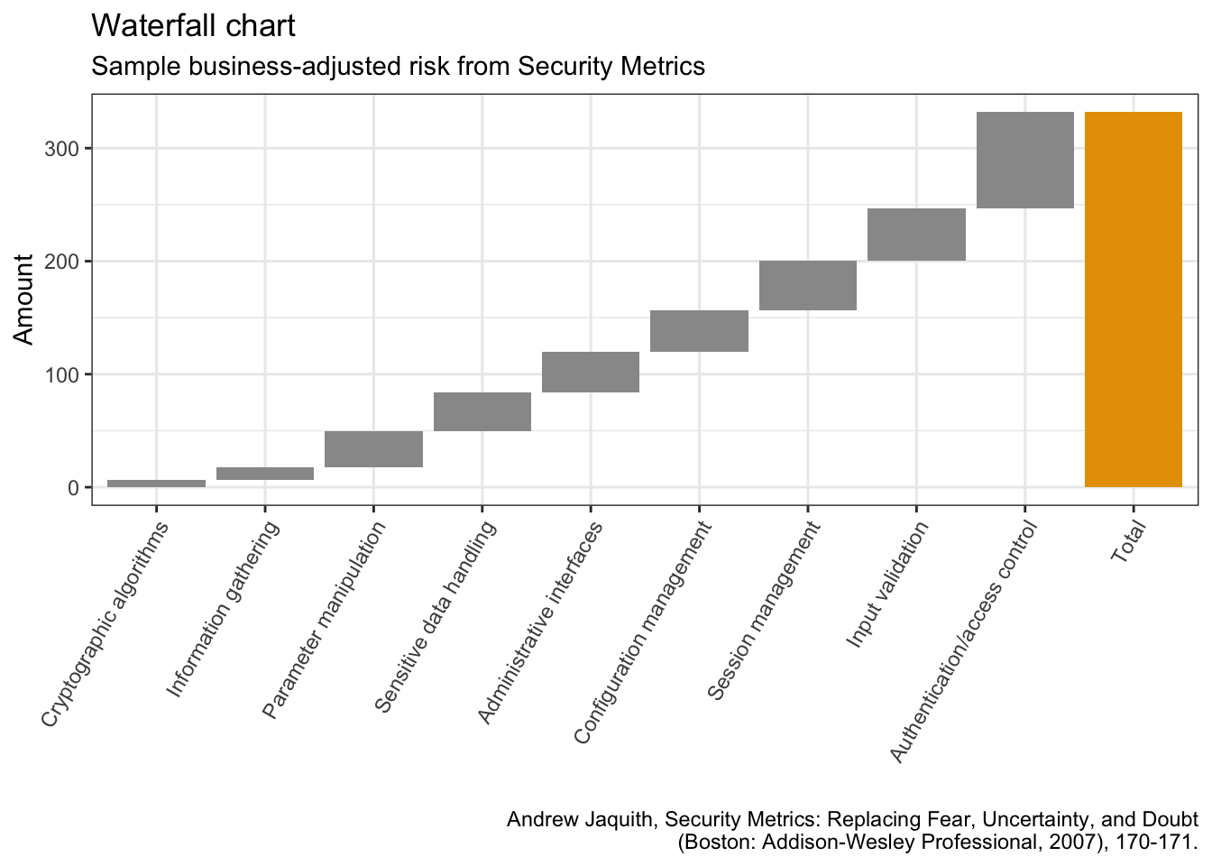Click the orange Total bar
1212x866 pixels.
[1133, 299]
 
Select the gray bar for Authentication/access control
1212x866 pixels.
[1024, 160]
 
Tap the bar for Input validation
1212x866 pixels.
[916, 235]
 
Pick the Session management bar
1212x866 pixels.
[807, 285]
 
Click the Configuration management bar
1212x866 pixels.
[699, 330]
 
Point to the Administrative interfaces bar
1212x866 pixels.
[590, 372]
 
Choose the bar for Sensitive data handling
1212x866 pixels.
[482, 411]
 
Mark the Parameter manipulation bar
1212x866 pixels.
[373, 448]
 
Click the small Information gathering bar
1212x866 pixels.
[264, 473]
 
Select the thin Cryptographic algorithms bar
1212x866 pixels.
[156, 484]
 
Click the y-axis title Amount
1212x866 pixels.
[24, 299]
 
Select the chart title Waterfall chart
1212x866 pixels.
[193, 26]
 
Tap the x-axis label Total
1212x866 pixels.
[1127, 542]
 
